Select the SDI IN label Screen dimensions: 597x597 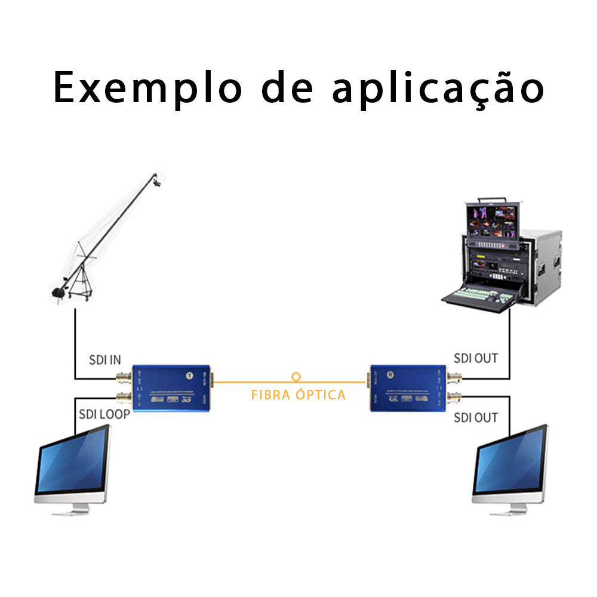104,359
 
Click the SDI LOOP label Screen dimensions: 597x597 104,414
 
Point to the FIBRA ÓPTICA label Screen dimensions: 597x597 298,395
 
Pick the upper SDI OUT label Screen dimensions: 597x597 476,358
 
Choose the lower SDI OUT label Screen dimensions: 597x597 476,417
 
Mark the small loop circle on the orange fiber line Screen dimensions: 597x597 296,377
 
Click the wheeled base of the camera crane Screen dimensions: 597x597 78,291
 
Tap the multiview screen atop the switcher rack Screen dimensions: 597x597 491,224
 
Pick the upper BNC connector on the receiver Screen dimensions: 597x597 455,378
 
